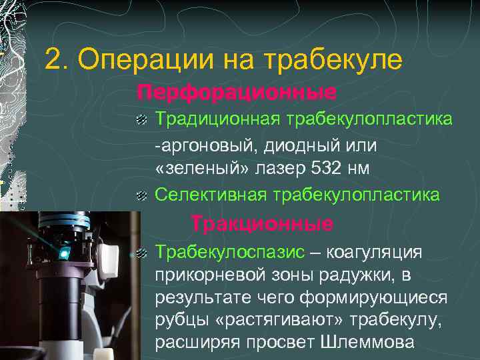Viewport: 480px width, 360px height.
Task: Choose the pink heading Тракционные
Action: click(x=262, y=223)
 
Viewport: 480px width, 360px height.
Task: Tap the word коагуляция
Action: click(x=376, y=252)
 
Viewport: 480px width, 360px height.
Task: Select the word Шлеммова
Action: click(x=378, y=343)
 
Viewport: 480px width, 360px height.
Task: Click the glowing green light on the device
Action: click(x=64, y=253)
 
